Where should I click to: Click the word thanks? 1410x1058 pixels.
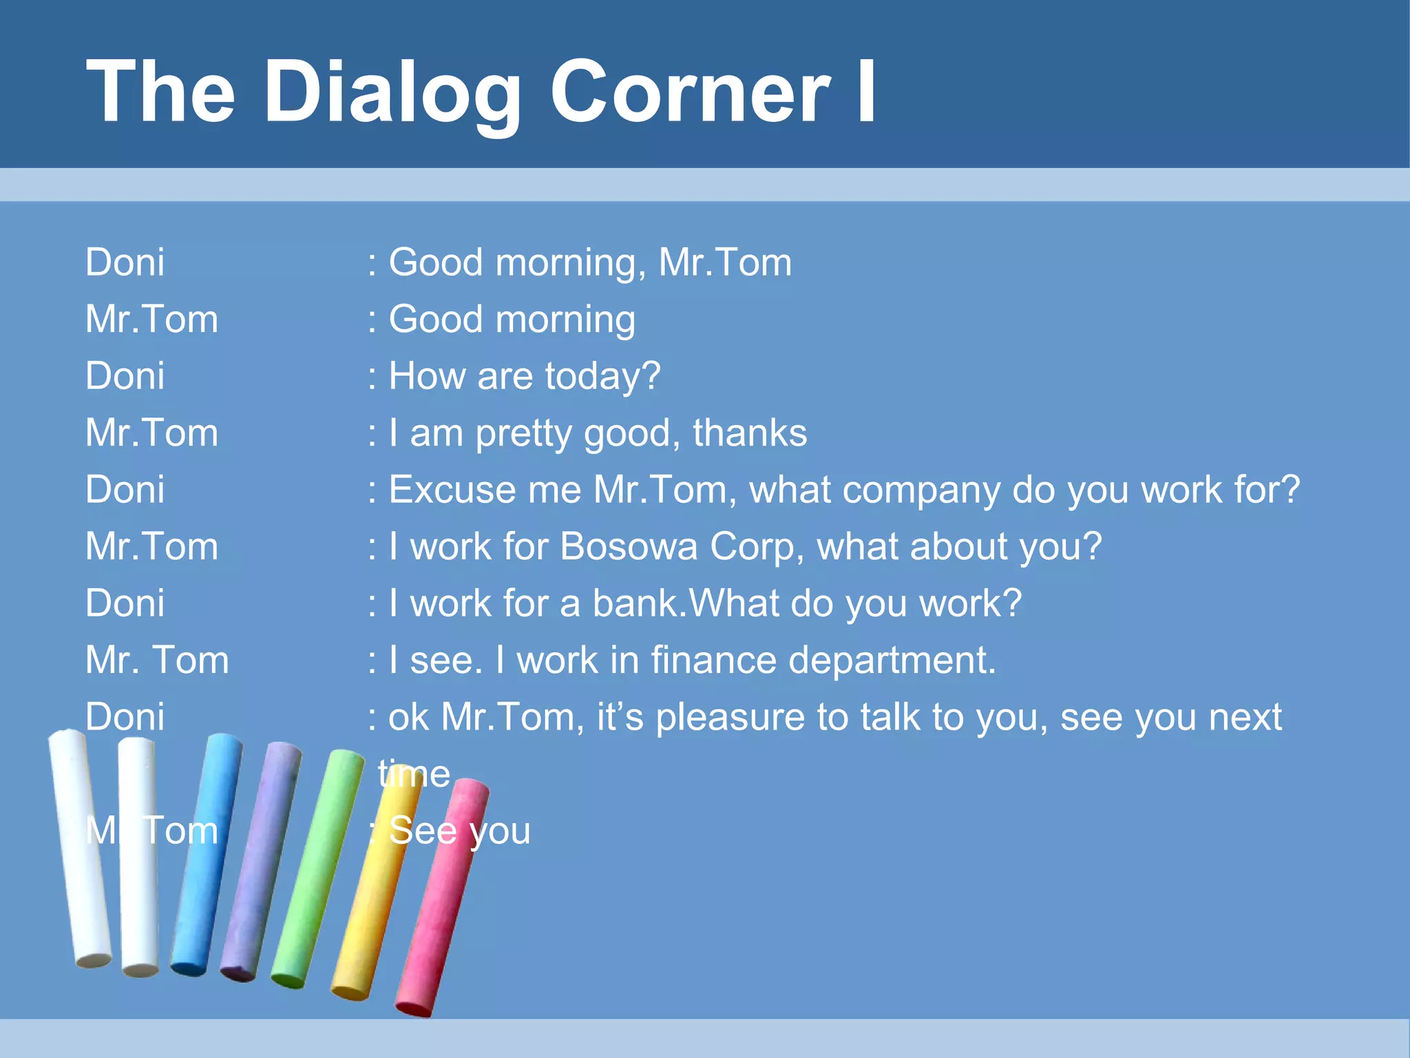coord(750,433)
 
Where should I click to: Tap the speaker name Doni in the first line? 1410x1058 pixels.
coord(125,263)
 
